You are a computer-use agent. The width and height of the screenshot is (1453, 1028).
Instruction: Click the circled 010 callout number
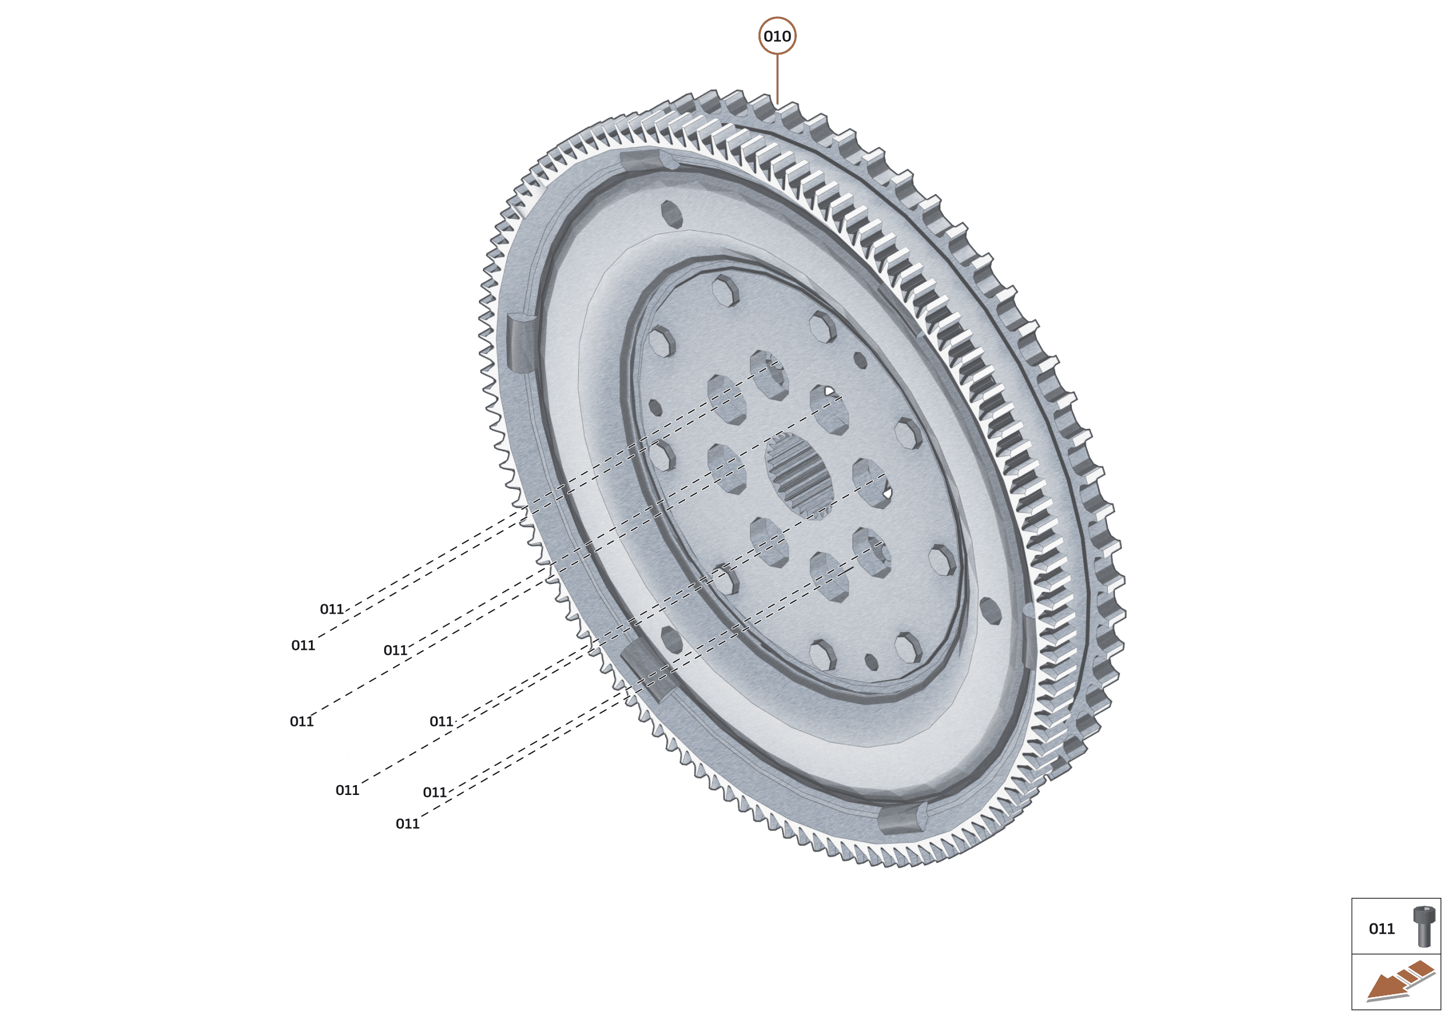pyautogui.click(x=777, y=36)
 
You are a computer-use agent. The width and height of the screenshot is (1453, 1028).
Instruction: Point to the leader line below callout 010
pyautogui.click(x=778, y=78)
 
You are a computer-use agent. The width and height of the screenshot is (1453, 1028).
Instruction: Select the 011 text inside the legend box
pyautogui.click(x=1382, y=929)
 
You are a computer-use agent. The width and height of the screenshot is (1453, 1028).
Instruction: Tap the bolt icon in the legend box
pyautogui.click(x=1424, y=926)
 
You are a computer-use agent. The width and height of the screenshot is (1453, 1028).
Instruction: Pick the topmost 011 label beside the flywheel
pyautogui.click(x=332, y=609)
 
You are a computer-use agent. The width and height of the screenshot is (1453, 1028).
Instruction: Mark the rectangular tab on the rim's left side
pyautogui.click(x=522, y=342)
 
